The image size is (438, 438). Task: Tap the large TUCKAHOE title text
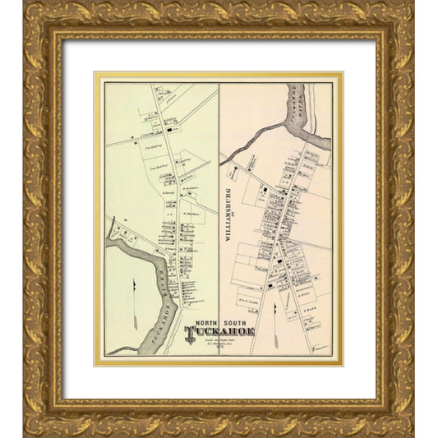pos(220,332)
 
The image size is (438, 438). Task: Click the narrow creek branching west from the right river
pos(247,141)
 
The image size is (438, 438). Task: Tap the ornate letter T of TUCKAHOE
pos(191,333)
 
